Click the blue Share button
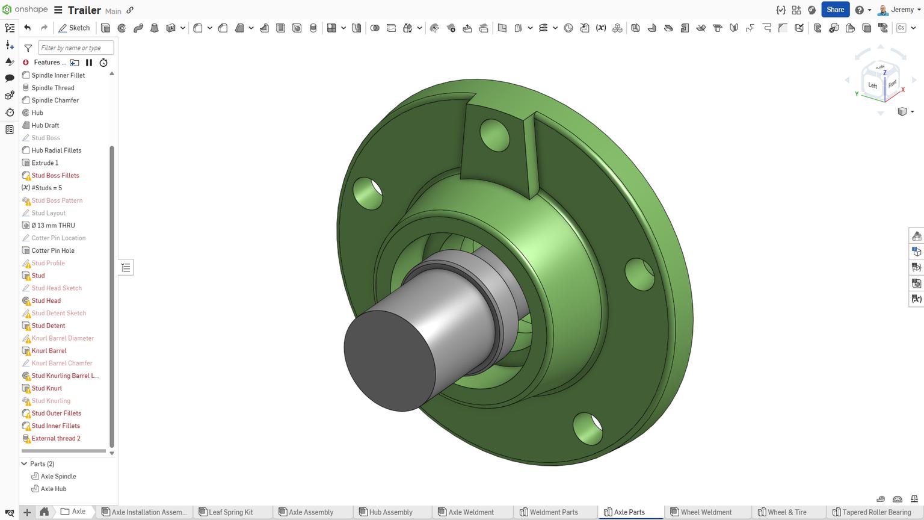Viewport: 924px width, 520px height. pyautogui.click(x=835, y=10)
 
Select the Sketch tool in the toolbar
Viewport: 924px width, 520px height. pyautogui.click(x=74, y=28)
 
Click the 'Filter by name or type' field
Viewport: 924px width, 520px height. pyautogui.click(x=75, y=48)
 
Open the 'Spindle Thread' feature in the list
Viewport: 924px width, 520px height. pyautogui.click(x=53, y=88)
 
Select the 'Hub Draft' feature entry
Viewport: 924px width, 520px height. pyautogui.click(x=45, y=125)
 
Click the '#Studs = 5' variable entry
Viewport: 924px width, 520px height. pyautogui.click(x=46, y=188)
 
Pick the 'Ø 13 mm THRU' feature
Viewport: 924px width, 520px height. pyautogui.click(x=53, y=226)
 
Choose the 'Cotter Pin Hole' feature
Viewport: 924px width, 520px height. pyautogui.click(x=53, y=250)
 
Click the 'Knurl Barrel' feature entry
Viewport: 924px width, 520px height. pyautogui.click(x=49, y=351)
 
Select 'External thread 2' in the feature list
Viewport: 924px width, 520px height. pyautogui.click(x=56, y=439)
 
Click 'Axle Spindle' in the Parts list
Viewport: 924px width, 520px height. pyautogui.click(x=58, y=477)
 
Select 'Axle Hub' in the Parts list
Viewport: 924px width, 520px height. pyautogui.click(x=54, y=489)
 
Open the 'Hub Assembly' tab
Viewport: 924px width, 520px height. pyautogui.click(x=390, y=512)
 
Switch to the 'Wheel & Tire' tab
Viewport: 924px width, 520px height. pyautogui.click(x=786, y=512)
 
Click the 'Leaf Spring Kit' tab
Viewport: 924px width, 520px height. pyautogui.click(x=230, y=512)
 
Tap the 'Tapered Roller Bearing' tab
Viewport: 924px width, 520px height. pyautogui.click(x=876, y=512)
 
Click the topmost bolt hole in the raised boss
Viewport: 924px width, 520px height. pyautogui.click(x=494, y=135)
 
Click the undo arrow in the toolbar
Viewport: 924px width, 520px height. pyautogui.click(x=28, y=28)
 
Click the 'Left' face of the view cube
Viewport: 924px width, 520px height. pyautogui.click(x=872, y=85)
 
